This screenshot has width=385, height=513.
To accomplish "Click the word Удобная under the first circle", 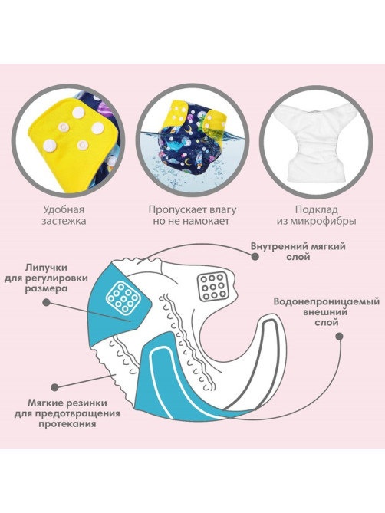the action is [x=63, y=209].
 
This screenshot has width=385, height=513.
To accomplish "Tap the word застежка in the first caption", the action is [x=64, y=221].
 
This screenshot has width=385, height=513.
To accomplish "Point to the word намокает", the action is [x=206, y=221].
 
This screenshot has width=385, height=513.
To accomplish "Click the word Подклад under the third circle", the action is [x=316, y=209].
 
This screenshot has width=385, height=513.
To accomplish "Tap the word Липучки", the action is [x=47, y=268].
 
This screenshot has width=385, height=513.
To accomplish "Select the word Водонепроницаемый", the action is [x=327, y=301].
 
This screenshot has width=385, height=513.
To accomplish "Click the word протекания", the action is [x=67, y=424].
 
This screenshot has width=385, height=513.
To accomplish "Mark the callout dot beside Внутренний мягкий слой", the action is [x=255, y=257].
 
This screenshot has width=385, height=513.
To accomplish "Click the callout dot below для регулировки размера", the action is [x=47, y=302].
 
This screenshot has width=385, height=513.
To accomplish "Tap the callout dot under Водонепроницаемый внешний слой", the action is [x=340, y=336].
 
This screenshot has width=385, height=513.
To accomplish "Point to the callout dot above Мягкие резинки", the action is [x=55, y=386].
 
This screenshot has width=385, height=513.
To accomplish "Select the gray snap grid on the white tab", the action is [x=213, y=286].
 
